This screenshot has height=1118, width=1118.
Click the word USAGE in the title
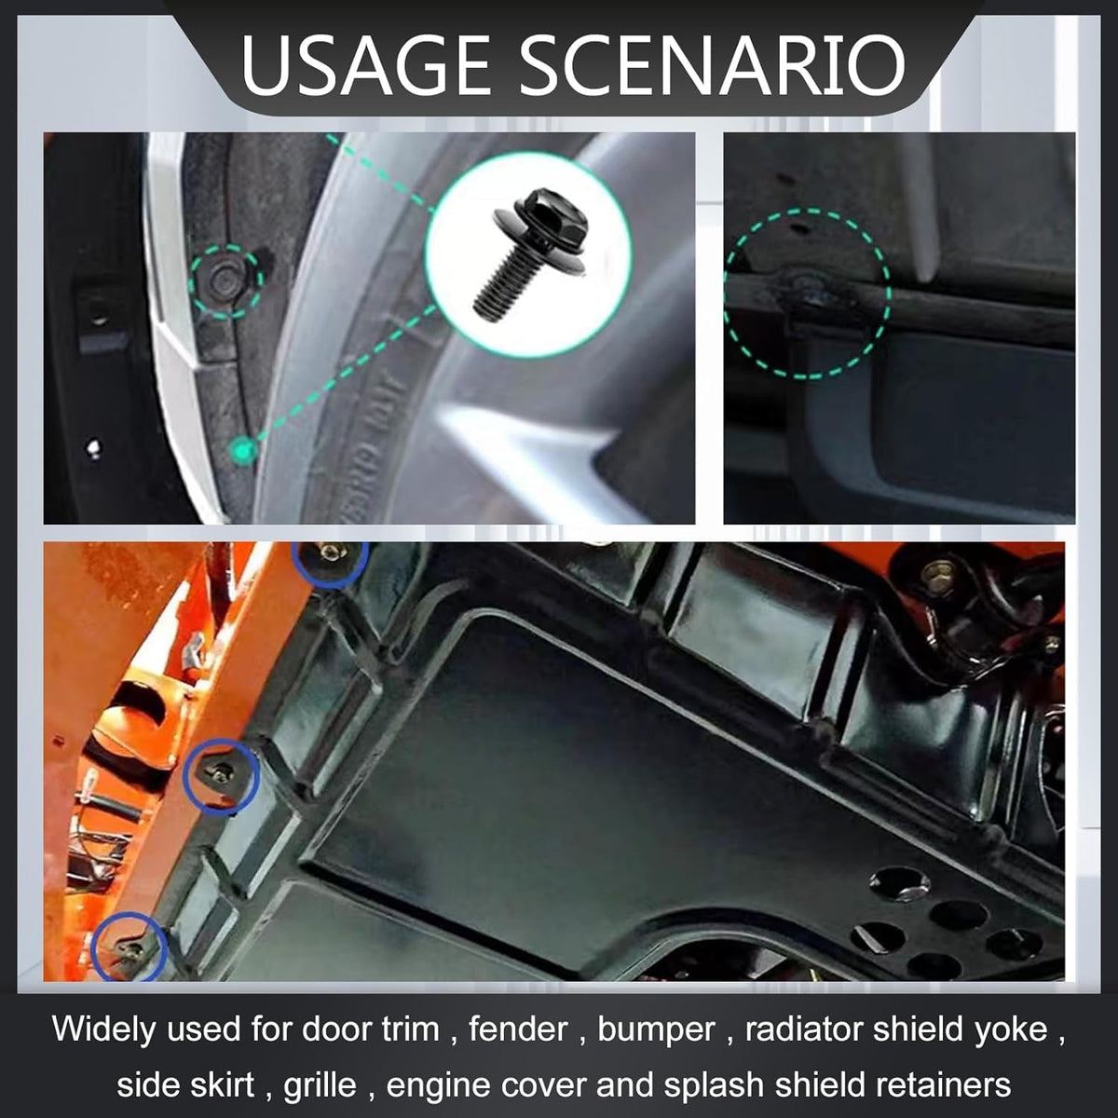click(x=365, y=64)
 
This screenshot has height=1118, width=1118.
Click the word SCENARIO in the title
click(x=713, y=64)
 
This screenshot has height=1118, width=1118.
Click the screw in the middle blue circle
click(x=222, y=771)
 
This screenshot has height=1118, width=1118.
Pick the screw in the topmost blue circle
click(x=329, y=552)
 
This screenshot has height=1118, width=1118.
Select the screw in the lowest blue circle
click(x=132, y=949)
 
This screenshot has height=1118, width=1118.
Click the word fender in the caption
click(x=518, y=1029)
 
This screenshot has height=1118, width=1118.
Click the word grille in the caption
click(x=320, y=1086)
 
